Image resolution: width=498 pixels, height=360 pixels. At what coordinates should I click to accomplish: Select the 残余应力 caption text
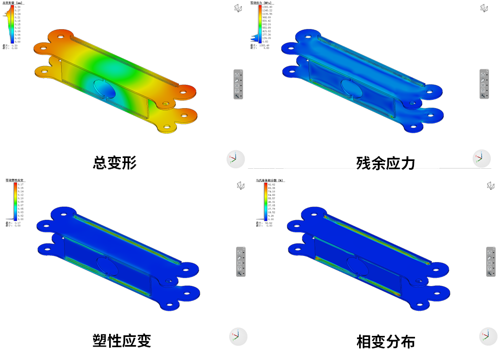[385, 163]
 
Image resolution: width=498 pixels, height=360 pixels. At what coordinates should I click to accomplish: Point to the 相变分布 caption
[385, 341]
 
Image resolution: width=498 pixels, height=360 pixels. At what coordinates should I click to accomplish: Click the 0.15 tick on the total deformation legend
[17, 24]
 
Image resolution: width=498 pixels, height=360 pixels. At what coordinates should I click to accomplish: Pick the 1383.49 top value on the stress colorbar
[267, 7]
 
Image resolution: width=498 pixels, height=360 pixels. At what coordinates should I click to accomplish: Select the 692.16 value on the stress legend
[267, 24]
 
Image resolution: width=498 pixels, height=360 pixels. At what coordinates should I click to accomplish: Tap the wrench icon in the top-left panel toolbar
[238, 95]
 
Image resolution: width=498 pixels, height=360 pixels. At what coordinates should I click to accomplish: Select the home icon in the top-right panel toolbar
[483, 75]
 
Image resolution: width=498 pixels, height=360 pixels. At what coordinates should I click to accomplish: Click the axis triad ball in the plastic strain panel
[238, 336]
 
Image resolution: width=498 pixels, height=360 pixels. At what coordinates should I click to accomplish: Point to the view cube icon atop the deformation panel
[238, 8]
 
